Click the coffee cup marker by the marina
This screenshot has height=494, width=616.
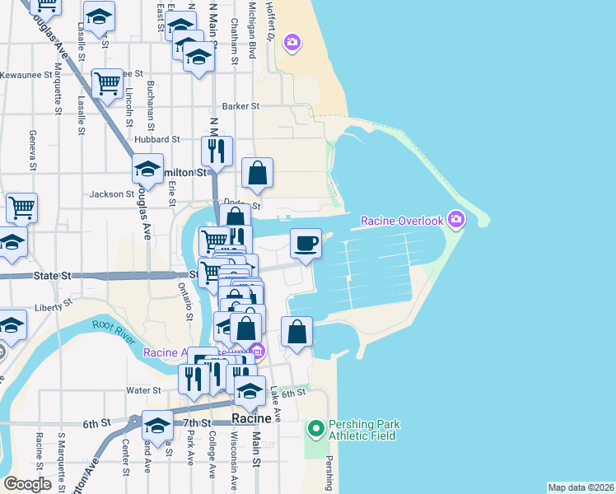(x=306, y=243)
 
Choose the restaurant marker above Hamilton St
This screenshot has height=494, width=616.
(x=217, y=151)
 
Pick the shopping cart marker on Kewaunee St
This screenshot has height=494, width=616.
(x=107, y=82)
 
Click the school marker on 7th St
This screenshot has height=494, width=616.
(x=156, y=425)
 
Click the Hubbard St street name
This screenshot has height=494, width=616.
(x=152, y=139)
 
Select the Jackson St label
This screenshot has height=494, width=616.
(x=112, y=194)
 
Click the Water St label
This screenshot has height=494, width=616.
(x=143, y=389)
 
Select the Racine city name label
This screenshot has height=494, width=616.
(x=251, y=418)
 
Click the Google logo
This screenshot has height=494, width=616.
(x=28, y=484)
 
